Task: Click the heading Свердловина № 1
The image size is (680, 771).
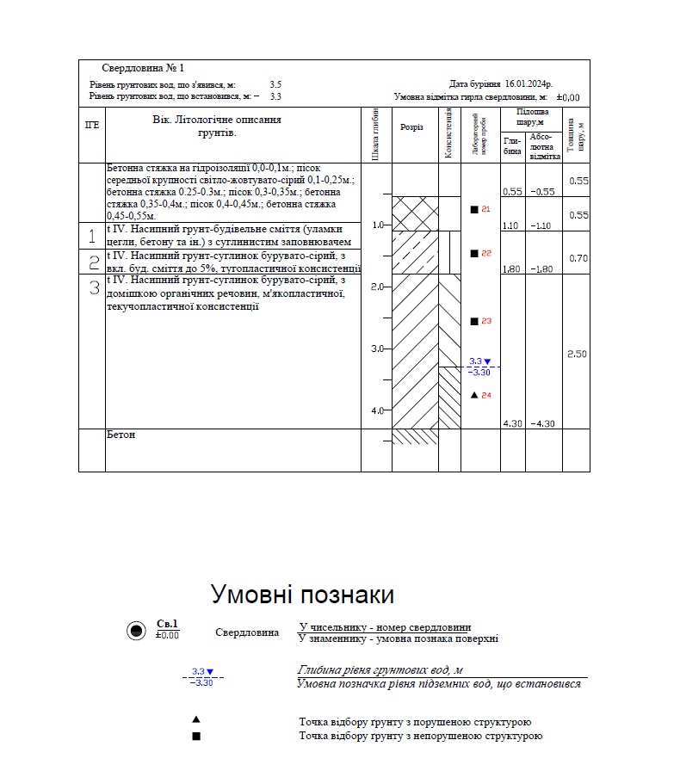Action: pyautogui.click(x=143, y=68)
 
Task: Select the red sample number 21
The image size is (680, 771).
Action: pyautogui.click(x=486, y=209)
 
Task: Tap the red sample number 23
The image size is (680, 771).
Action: pyautogui.click(x=486, y=321)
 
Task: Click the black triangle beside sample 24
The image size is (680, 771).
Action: pyautogui.click(x=474, y=395)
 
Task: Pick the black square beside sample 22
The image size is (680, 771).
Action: pyautogui.click(x=474, y=253)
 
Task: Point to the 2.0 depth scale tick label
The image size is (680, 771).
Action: pyautogui.click(x=376, y=287)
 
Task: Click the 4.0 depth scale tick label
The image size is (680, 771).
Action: pyautogui.click(x=376, y=410)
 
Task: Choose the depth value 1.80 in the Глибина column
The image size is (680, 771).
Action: pyautogui.click(x=511, y=268)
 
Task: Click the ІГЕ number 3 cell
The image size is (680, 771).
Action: pyautogui.click(x=92, y=288)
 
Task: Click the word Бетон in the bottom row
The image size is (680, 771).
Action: pyautogui.click(x=121, y=435)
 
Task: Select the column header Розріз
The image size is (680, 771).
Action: pyautogui.click(x=412, y=127)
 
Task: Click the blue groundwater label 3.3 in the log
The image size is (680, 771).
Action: pyautogui.click(x=476, y=361)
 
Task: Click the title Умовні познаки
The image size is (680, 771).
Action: pyautogui.click(x=302, y=595)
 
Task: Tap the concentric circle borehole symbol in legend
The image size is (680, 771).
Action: pyautogui.click(x=135, y=631)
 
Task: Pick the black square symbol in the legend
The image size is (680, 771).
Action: pyautogui.click(x=196, y=736)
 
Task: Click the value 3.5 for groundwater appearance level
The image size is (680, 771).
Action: pyautogui.click(x=275, y=84)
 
